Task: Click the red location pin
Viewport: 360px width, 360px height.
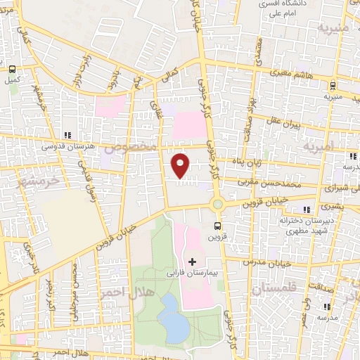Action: coord(182,165)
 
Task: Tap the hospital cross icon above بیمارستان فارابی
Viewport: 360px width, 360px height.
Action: coord(193,262)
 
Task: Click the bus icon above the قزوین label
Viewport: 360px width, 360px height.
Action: coord(217,226)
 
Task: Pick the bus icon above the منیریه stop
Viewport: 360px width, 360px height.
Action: coord(333,86)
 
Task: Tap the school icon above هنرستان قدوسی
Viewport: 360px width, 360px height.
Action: coord(67,135)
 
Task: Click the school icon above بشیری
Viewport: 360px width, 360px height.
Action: coord(307,209)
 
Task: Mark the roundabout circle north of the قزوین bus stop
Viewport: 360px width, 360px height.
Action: coord(217,204)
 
